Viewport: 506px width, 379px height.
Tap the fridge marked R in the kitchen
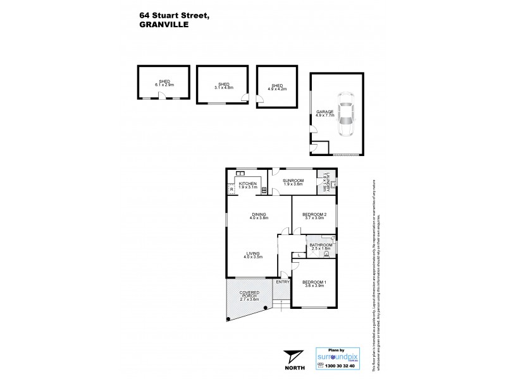click(232, 189)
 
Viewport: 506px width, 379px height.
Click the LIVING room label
click(254, 255)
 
